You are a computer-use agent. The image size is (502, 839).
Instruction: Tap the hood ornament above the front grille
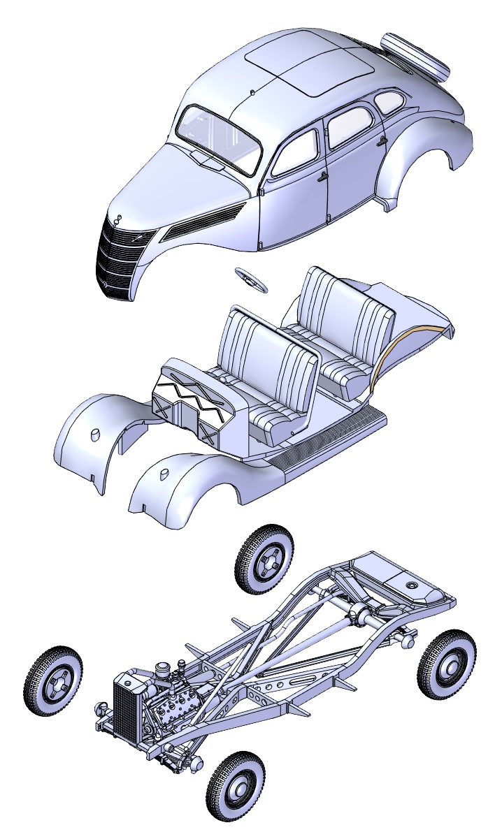tap(117, 220)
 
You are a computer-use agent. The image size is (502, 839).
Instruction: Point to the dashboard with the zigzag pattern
tap(192, 402)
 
